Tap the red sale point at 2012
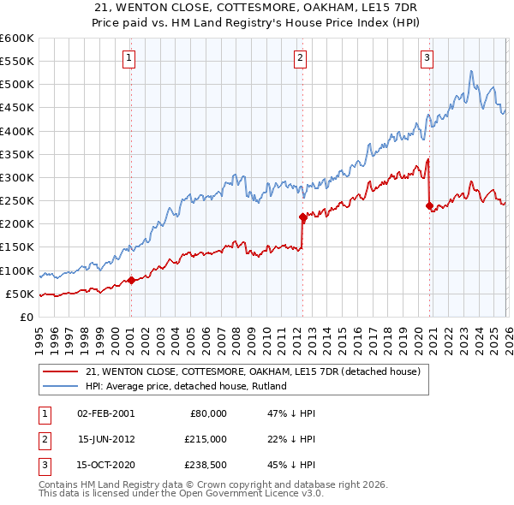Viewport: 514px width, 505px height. pyautogui.click(x=302, y=217)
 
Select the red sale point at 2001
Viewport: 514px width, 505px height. pyautogui.click(x=131, y=280)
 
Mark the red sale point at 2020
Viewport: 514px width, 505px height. pyautogui.click(x=429, y=205)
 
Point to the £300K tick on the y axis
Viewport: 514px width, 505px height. pyautogui.click(x=17, y=178)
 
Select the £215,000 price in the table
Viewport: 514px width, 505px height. pyautogui.click(x=206, y=439)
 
